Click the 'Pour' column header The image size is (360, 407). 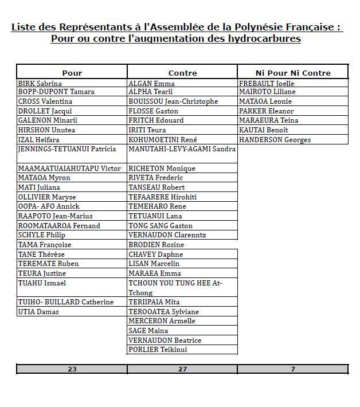(72, 73)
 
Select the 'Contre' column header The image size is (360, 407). (182, 73)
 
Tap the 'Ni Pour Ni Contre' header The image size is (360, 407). (293, 73)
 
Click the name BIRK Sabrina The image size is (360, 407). (40, 83)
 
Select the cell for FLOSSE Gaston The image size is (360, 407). (153, 111)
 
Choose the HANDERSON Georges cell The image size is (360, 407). (275, 140)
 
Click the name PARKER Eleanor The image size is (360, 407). (266, 111)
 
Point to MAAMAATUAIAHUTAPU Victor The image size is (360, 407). (69, 169)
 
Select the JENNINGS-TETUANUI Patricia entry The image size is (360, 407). (66, 149)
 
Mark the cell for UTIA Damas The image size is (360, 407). (38, 312)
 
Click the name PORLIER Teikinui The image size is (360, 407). (158, 350)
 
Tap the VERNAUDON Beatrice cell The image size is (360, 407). (165, 341)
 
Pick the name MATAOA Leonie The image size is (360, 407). (264, 101)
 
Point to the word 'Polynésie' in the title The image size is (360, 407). (259, 28)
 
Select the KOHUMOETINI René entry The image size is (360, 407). (163, 140)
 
